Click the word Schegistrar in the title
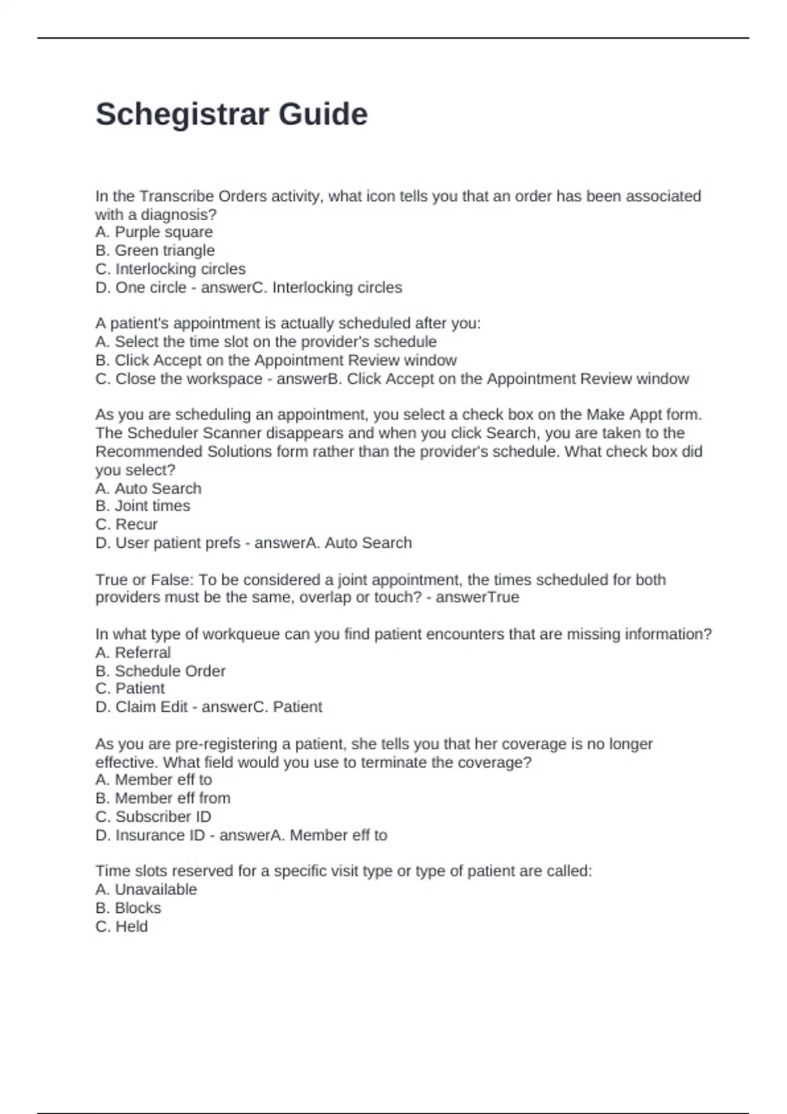point(182,115)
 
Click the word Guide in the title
point(323,115)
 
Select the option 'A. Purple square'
point(154,232)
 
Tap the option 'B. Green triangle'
point(155,250)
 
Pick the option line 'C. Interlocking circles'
point(171,269)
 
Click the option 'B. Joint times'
point(142,506)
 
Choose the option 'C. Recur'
point(127,524)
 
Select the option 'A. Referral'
point(133,653)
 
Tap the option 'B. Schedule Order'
point(160,671)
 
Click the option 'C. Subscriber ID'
point(153,816)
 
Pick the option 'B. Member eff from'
point(163,798)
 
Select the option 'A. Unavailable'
point(146,889)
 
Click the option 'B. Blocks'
point(128,908)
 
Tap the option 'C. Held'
point(121,927)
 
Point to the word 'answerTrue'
point(477,598)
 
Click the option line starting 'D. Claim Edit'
point(209,707)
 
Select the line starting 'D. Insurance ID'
point(241,835)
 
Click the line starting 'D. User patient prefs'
point(253,543)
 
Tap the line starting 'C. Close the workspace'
point(392,379)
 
